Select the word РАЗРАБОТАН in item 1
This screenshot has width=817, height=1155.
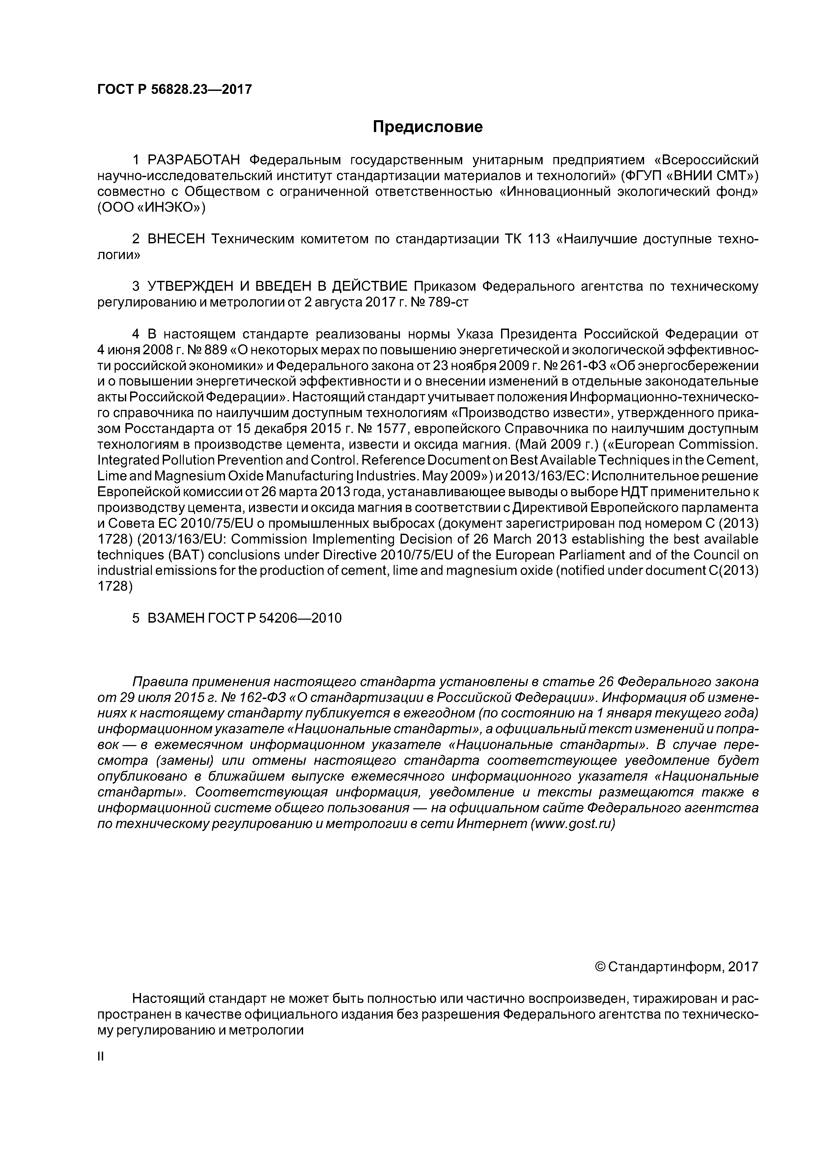195,160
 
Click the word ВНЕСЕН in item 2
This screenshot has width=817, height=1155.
177,239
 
